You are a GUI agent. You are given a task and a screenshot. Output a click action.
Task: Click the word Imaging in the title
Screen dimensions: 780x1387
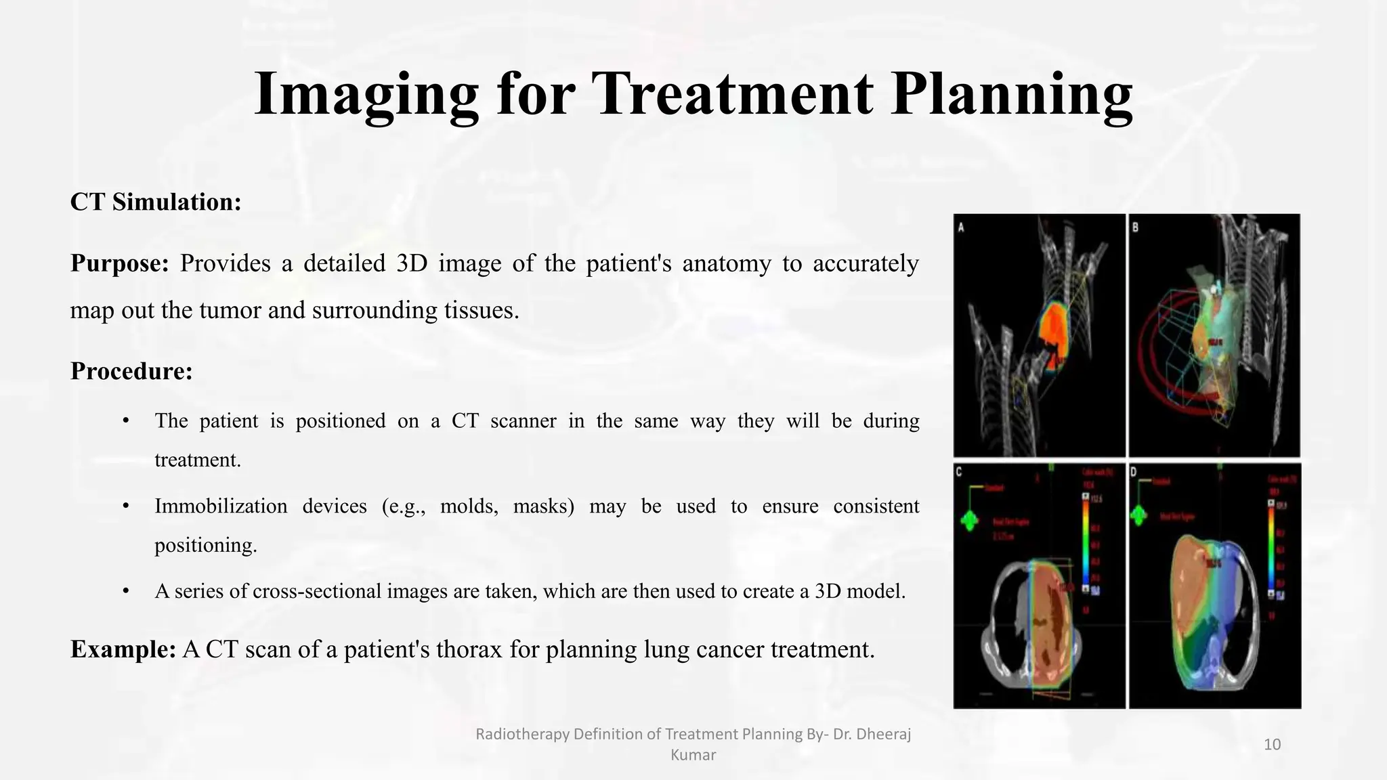pos(366,95)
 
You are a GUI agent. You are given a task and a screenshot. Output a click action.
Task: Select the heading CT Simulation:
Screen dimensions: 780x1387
pos(156,202)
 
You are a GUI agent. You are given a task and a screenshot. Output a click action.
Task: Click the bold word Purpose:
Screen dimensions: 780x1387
pos(119,263)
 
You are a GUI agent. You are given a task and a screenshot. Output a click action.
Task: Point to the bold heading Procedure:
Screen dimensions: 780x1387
pos(131,371)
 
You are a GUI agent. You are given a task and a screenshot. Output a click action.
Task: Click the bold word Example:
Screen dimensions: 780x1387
pos(123,649)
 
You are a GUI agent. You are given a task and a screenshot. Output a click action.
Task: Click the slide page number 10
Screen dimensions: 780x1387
pos(1272,745)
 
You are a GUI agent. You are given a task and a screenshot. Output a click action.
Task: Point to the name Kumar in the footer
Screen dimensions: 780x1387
pos(693,755)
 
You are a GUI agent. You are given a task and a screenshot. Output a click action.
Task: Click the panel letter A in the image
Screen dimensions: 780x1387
pos(961,227)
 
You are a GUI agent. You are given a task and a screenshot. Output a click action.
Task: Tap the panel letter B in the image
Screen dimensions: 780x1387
pos(1136,227)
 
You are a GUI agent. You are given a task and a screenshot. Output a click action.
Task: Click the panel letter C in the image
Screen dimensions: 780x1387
pos(959,472)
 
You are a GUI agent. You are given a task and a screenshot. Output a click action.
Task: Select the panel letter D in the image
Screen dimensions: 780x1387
pos(1134,472)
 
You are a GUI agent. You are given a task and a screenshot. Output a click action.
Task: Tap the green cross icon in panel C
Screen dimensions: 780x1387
pos(970,520)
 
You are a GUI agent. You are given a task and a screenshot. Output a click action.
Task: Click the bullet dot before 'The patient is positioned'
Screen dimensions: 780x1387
pos(125,420)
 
